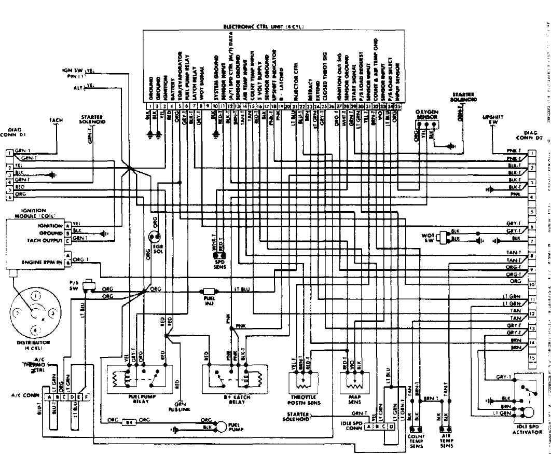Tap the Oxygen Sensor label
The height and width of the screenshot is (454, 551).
point(427,115)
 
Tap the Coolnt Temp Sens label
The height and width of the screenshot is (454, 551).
point(416,441)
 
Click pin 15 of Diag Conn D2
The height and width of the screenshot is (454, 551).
point(532,358)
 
